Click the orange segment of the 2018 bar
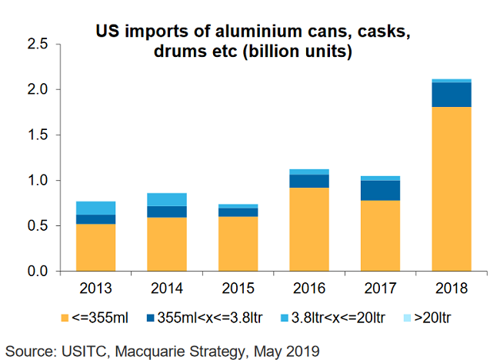click(451, 188)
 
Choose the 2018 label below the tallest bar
click(451, 290)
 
